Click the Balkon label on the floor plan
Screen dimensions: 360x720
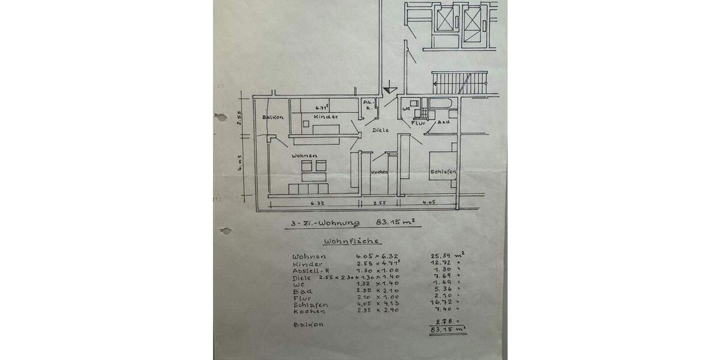pyautogui.click(x=272, y=117)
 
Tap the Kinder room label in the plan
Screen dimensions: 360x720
pyautogui.click(x=326, y=116)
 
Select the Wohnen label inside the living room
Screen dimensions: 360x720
pyautogui.click(x=304, y=155)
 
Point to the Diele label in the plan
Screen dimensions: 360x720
pyautogui.click(x=380, y=130)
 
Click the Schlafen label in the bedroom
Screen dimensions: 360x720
pyautogui.click(x=443, y=172)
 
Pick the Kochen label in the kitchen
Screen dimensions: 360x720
pyautogui.click(x=379, y=172)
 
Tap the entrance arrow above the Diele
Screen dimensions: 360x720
pyautogui.click(x=390, y=87)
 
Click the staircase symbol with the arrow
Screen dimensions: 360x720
pyautogui.click(x=460, y=82)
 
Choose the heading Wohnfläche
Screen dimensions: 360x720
pyautogui.click(x=351, y=242)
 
